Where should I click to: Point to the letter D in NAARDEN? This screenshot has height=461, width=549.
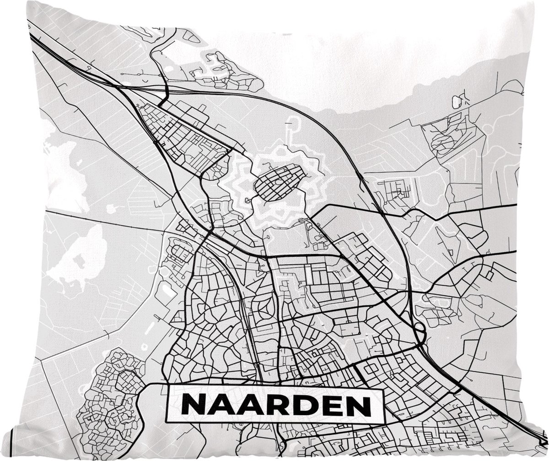(x=298, y=404)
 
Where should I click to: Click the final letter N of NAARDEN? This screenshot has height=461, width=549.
(x=357, y=404)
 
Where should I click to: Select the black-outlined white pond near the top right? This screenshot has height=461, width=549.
(x=457, y=102)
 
